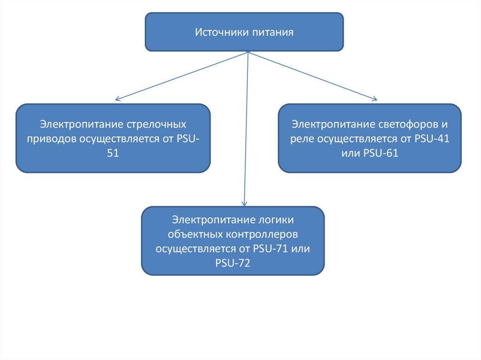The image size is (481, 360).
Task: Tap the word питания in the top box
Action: pos(272,32)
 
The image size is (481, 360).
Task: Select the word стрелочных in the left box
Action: pos(157,125)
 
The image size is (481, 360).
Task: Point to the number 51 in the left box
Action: pos(113,153)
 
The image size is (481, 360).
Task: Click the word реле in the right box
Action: pos(302,139)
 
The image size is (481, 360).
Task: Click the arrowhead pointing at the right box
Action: pos(374,99)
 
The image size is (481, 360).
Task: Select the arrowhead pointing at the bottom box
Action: pos(244,204)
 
